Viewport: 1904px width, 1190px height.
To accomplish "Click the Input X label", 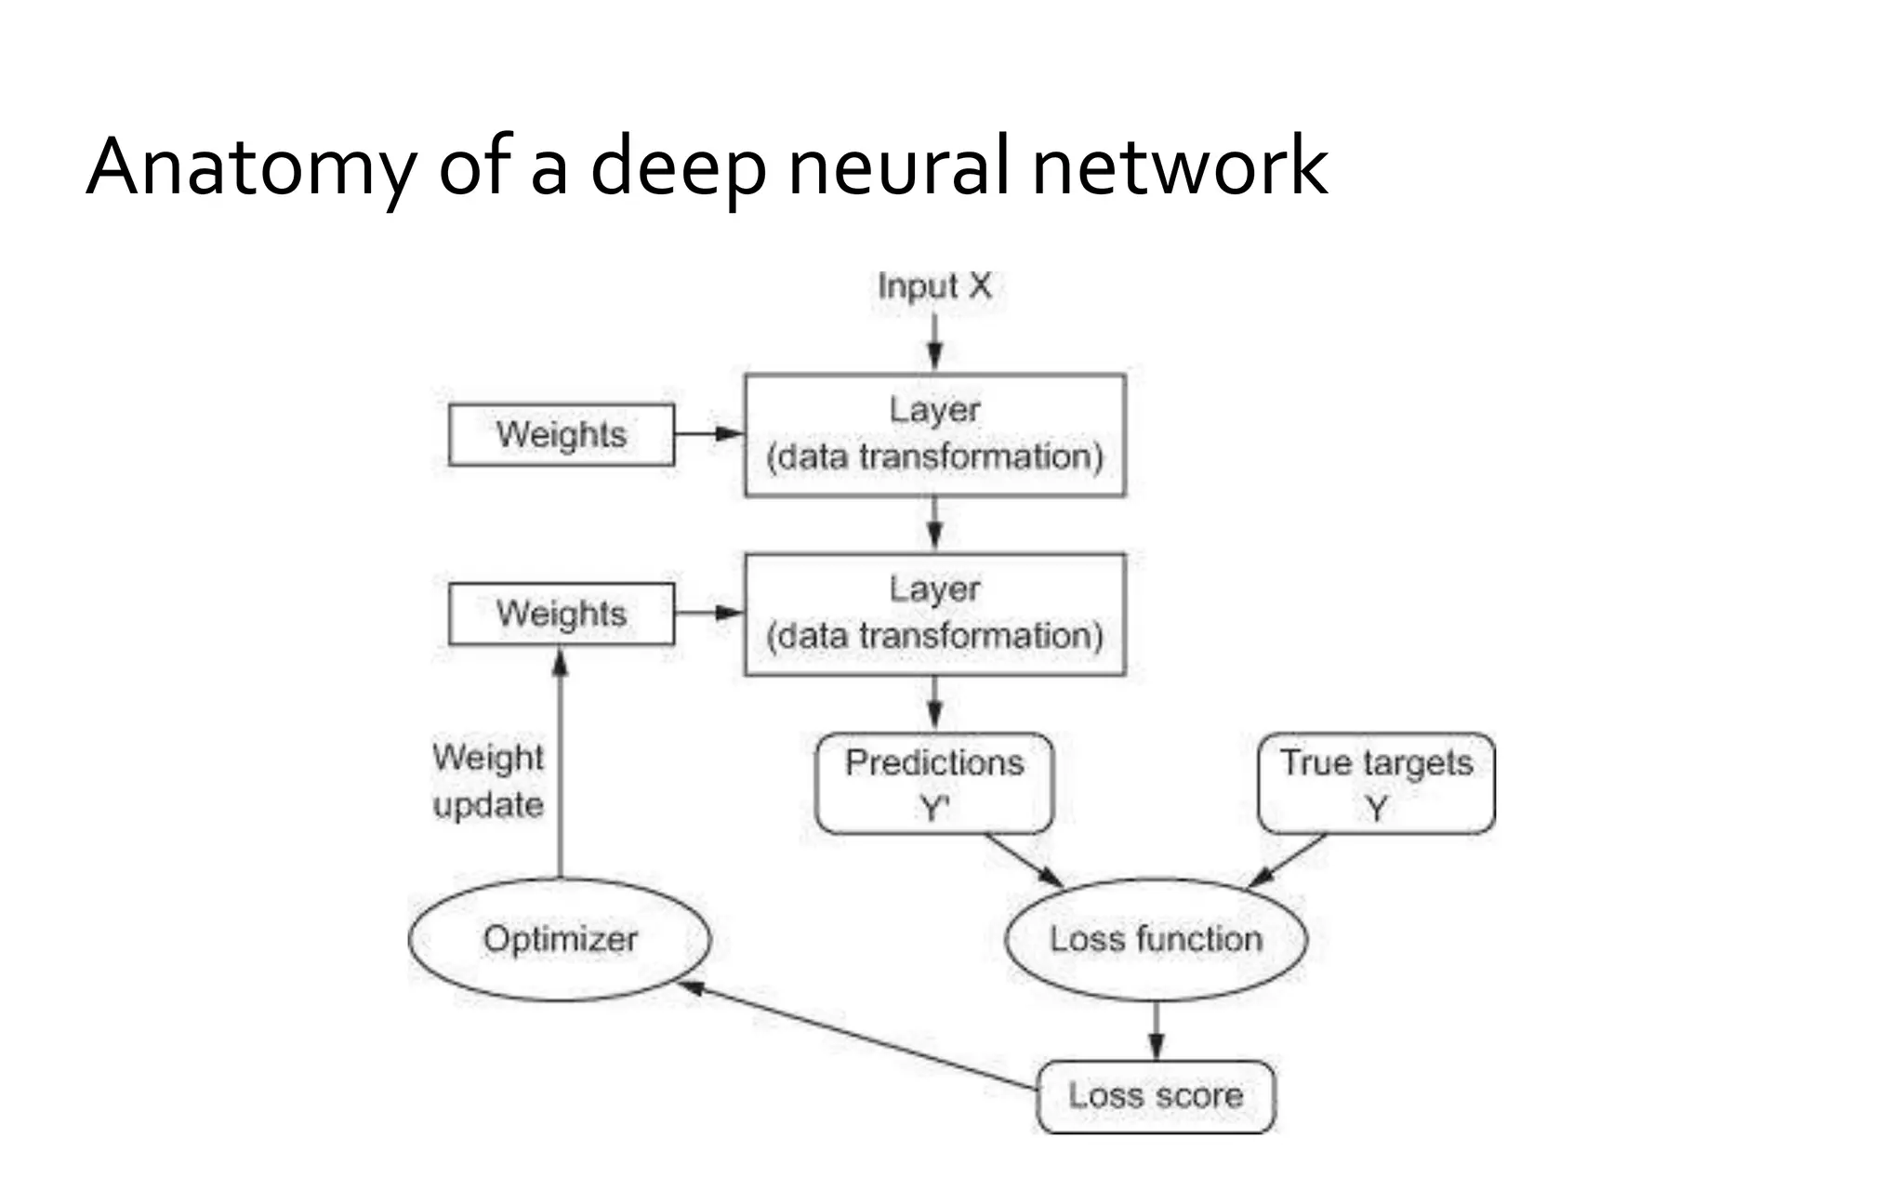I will tap(934, 286).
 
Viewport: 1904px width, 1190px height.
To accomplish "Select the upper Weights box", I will tap(561, 434).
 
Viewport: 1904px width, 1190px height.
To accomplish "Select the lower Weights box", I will tap(561, 614).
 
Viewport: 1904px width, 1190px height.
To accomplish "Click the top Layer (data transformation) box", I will tap(934, 435).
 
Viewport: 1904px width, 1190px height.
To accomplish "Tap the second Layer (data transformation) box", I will tap(934, 615).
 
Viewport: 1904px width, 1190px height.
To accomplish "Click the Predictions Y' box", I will tap(934, 783).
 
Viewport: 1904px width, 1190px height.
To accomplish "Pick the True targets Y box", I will tap(1376, 783).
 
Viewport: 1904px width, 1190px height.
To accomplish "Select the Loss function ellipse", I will tap(1156, 939).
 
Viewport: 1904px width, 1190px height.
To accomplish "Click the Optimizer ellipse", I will tap(560, 939).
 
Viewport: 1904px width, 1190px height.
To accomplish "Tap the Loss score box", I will tap(1156, 1096).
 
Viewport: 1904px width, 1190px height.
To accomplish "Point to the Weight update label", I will tap(488, 781).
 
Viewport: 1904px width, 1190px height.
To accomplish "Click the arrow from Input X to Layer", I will tap(934, 342).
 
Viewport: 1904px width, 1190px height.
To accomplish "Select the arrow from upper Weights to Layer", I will tap(708, 433).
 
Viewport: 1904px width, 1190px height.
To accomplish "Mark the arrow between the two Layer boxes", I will tap(934, 524).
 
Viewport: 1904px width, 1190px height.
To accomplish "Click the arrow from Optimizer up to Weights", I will tap(560, 762).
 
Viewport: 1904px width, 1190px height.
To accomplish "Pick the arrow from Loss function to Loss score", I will tap(1156, 1030).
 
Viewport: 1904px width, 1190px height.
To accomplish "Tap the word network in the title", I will tap(1179, 167).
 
